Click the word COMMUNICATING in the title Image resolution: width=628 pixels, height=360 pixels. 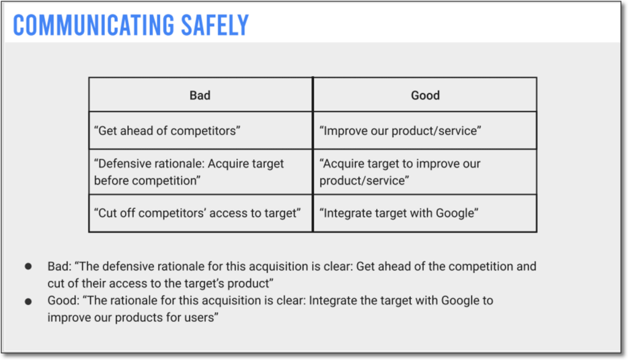coord(94,25)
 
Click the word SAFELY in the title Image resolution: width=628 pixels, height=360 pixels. coord(215,25)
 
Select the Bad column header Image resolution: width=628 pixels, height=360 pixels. coord(201,95)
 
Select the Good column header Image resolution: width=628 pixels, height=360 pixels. coord(425,95)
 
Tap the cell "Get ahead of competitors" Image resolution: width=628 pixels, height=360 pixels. coord(201,131)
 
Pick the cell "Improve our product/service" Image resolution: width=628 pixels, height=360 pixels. coord(425,131)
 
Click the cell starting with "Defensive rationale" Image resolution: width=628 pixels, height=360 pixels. coord(201,172)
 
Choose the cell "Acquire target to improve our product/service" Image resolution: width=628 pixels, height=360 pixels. coord(425,172)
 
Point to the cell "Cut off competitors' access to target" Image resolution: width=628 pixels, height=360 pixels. coord(201,213)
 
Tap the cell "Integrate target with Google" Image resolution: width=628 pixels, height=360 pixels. coord(425,213)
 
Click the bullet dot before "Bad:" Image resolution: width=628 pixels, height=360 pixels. coord(28,266)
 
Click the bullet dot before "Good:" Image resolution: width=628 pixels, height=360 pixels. coord(28,301)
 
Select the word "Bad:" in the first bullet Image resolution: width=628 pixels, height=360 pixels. coord(59,266)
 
